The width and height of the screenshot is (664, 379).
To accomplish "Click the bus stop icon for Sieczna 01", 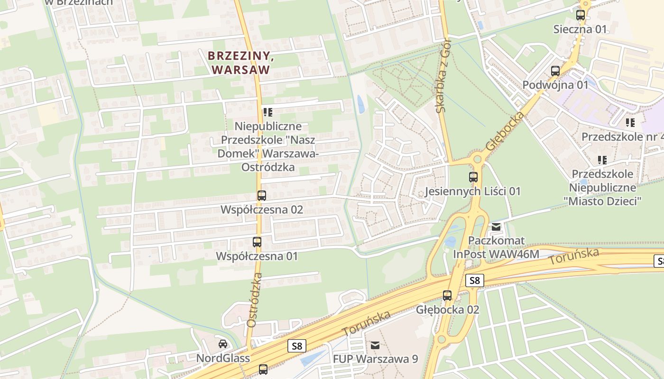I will coord(581,15).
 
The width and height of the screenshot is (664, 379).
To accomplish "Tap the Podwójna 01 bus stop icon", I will coord(555,71).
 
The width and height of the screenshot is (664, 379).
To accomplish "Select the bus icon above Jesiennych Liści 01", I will coord(473,177).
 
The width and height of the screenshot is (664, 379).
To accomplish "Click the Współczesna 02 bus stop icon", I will coord(261,195).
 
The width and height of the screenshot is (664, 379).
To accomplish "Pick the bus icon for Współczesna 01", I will coord(257,242).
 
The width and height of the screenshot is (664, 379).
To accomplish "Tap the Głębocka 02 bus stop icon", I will coord(447,296).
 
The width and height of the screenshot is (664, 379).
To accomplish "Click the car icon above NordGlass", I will coord(223,343).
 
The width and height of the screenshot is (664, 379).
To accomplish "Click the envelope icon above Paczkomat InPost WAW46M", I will coord(496,227).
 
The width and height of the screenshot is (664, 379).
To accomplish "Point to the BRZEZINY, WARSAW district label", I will coord(241,63).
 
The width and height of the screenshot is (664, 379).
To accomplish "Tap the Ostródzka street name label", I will coord(255,299).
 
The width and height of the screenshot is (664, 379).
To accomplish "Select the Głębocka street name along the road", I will coord(506,131).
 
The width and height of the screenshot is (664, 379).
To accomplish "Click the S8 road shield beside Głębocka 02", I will coord(475,280).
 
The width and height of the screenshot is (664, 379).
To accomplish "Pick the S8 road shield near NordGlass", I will coord(297,346).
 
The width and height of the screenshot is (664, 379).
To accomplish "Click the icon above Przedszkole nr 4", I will coord(630,123).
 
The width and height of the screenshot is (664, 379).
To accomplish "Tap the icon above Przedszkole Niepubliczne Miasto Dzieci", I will coord(602,160).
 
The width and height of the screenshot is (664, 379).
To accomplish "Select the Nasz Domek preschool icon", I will coord(268,112).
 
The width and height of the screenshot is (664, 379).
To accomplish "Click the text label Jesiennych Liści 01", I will coord(472,191).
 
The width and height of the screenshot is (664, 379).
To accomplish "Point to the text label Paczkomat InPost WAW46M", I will coord(496,247).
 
